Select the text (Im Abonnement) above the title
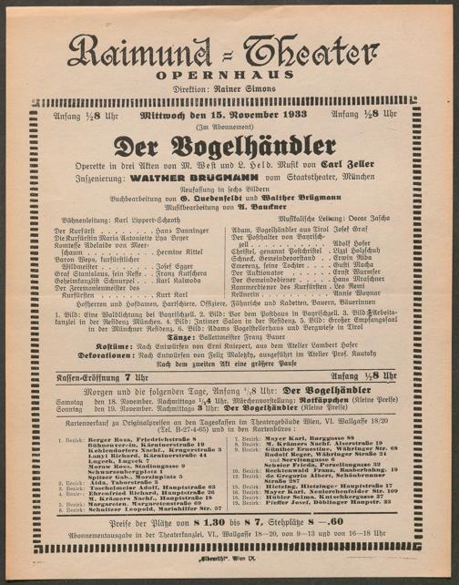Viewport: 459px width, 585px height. (x=228, y=128)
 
